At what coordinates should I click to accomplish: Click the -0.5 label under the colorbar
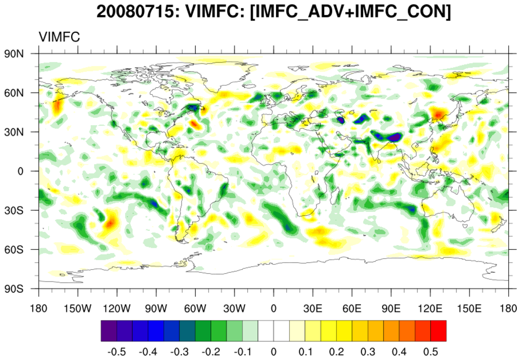point(117,352)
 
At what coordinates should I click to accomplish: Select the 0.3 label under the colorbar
point(368,352)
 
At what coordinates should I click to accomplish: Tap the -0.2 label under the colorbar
point(211,352)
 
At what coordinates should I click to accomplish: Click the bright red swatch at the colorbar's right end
point(438,330)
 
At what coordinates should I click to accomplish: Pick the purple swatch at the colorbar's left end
point(109,330)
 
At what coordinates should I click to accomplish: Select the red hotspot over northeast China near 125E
point(437,113)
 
